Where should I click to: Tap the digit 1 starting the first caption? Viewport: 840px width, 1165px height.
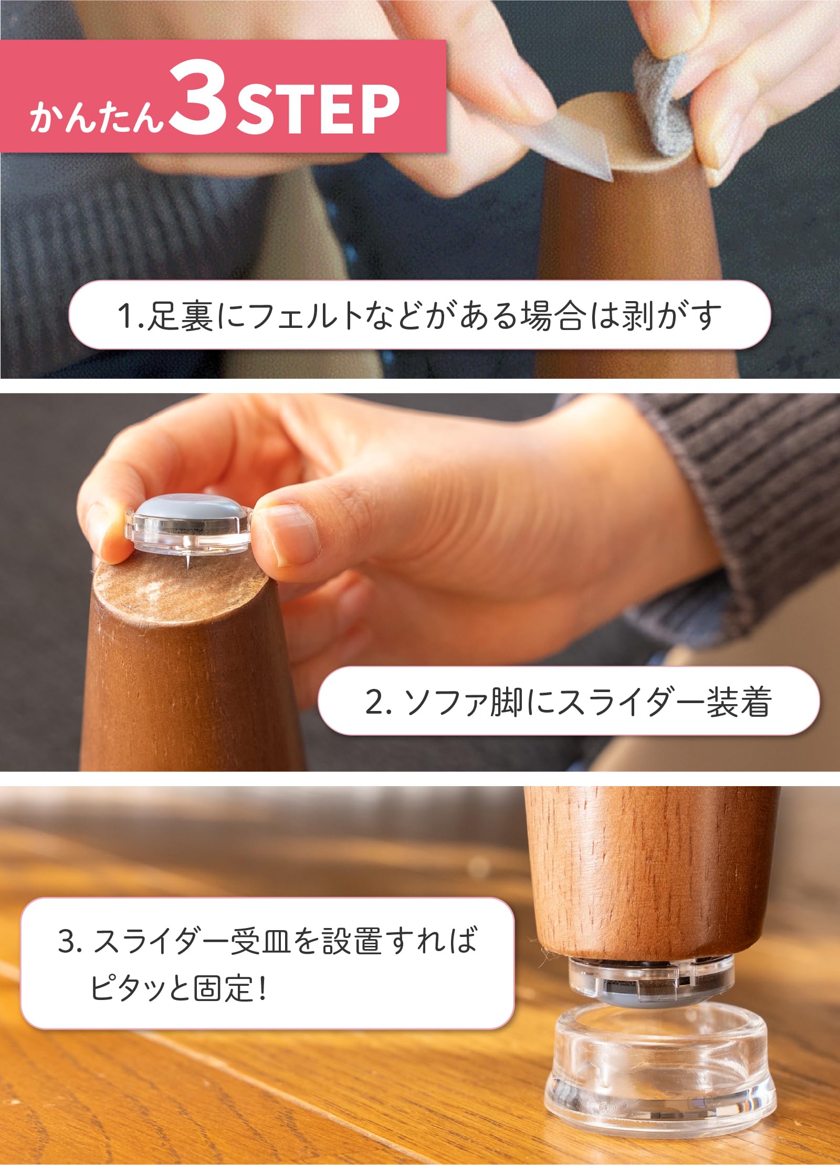pos(125,316)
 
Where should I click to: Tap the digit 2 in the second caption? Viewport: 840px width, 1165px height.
pos(374,702)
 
